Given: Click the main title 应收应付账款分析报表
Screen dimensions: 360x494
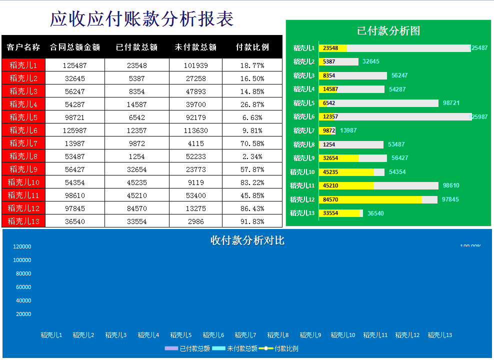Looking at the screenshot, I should click(x=141, y=19).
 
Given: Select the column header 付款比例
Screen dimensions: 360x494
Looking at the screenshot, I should click(x=252, y=47).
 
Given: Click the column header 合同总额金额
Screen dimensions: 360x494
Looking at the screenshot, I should click(x=75, y=47).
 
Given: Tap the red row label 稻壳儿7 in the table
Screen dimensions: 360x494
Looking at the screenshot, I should click(x=23, y=143).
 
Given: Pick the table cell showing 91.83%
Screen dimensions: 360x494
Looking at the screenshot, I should click(x=252, y=221).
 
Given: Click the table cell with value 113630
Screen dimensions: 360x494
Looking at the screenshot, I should click(x=195, y=130).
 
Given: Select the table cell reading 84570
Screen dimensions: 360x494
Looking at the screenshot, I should click(x=136, y=208).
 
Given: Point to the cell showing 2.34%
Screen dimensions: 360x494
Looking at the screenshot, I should click(x=252, y=156).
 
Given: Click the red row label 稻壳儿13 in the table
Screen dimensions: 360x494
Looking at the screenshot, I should click(x=23, y=221).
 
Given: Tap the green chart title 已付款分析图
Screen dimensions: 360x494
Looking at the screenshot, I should click(x=388, y=31).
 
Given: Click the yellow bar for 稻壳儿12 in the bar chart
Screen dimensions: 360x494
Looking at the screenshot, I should click(x=370, y=199).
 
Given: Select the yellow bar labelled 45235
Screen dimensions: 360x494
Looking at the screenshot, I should click(x=346, y=172).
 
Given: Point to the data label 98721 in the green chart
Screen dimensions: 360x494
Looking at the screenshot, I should click(x=451, y=103).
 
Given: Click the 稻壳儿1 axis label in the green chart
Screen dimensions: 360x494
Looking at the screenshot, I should click(x=304, y=48).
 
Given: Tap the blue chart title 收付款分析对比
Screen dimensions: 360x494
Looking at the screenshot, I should click(x=247, y=240).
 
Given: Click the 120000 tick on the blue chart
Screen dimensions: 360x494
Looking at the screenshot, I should click(x=22, y=246).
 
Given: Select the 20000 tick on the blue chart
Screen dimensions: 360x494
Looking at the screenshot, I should click(x=23, y=314).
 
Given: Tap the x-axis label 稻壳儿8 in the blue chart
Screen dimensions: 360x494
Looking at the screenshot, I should click(x=278, y=335).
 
